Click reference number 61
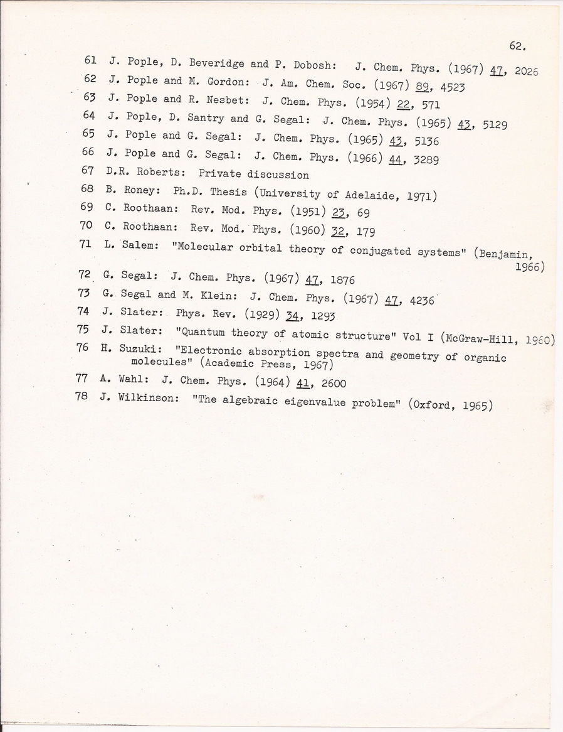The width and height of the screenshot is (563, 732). [x=90, y=61]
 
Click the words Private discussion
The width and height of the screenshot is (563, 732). [x=253, y=175]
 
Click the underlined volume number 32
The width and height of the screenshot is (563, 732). [x=340, y=232]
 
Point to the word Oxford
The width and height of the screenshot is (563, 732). [x=432, y=405]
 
